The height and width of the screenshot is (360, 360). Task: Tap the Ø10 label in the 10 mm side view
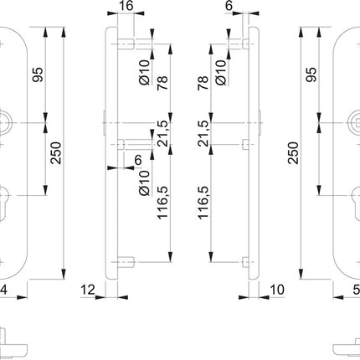[x=221, y=69]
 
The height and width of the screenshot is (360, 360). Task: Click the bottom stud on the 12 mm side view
[x=126, y=258]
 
